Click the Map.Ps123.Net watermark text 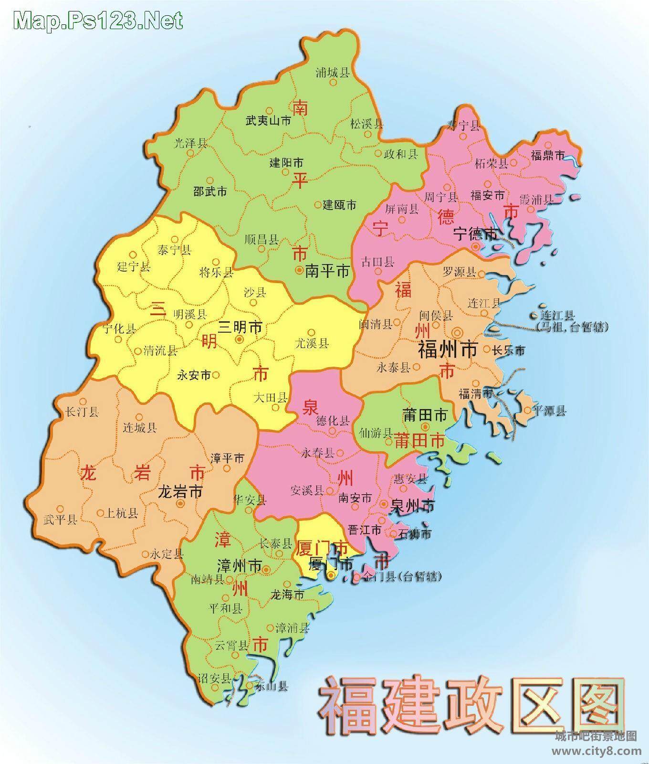[98, 21]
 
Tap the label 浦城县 [333, 73]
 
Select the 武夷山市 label [268, 121]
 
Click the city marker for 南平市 [299, 270]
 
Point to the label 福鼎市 [548, 155]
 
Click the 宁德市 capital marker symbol [476, 246]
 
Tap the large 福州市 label [448, 350]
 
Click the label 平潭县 [549, 410]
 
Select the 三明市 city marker [239, 339]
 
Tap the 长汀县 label [82, 412]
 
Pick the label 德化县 [333, 421]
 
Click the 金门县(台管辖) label [402, 577]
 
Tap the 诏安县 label [215, 679]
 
